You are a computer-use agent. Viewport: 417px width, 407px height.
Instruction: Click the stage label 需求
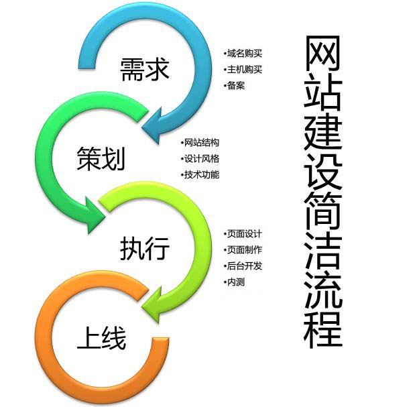(142, 68)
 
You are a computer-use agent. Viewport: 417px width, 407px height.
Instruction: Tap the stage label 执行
(145, 248)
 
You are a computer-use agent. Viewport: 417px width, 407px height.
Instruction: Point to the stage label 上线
(101, 337)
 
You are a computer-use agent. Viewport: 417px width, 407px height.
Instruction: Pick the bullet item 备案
(236, 85)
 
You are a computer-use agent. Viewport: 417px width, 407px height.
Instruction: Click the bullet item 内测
(236, 282)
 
